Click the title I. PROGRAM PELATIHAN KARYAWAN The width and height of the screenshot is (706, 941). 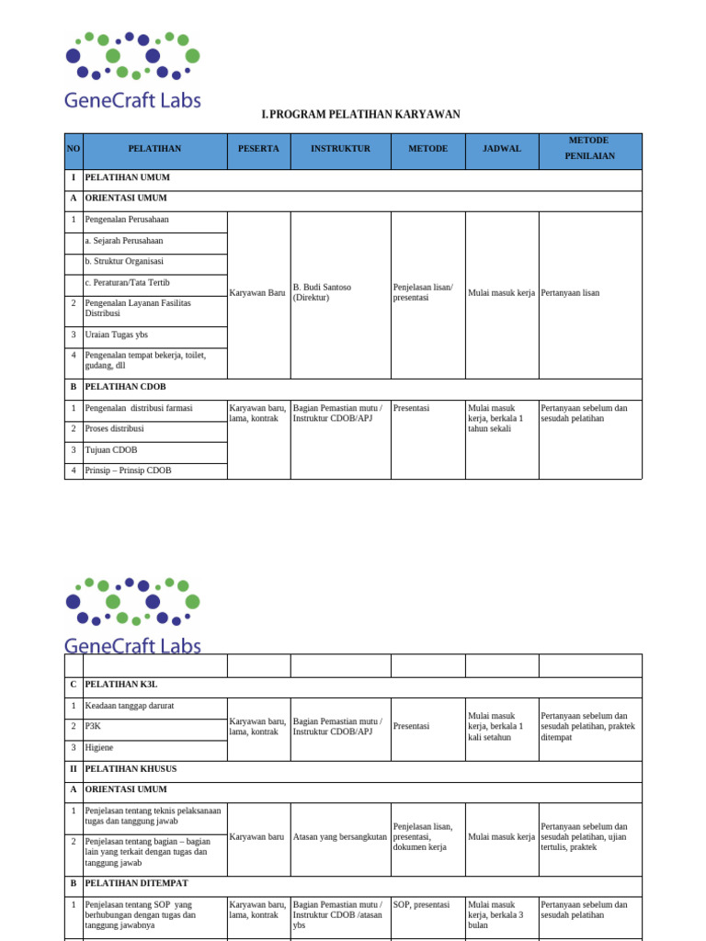(360, 114)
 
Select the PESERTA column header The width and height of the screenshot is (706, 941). (258, 148)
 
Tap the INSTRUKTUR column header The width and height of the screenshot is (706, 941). (340, 148)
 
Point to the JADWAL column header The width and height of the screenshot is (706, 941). (502, 148)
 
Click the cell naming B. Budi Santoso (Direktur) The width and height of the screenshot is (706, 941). (322, 292)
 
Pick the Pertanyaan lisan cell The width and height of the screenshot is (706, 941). (571, 292)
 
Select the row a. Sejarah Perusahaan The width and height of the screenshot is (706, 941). (124, 241)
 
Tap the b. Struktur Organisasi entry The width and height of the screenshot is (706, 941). (124, 261)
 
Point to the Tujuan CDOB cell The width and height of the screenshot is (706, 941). (111, 449)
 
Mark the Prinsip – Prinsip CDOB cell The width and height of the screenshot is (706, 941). (128, 470)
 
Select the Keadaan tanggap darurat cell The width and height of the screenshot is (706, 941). (130, 706)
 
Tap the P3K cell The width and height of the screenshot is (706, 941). (93, 726)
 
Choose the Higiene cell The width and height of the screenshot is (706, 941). (100, 747)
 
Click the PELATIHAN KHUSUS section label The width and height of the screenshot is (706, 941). (131, 768)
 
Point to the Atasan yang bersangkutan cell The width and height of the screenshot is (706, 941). (340, 836)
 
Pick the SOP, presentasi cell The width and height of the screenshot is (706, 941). (421, 904)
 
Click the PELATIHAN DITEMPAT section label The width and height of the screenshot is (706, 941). (136, 883)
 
